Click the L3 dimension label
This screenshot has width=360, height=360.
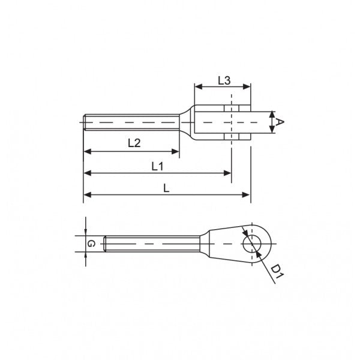point(223,80)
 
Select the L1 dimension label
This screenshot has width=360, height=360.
point(158,166)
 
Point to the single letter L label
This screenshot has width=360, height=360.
point(166,188)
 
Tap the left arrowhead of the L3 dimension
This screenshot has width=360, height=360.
point(197,87)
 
